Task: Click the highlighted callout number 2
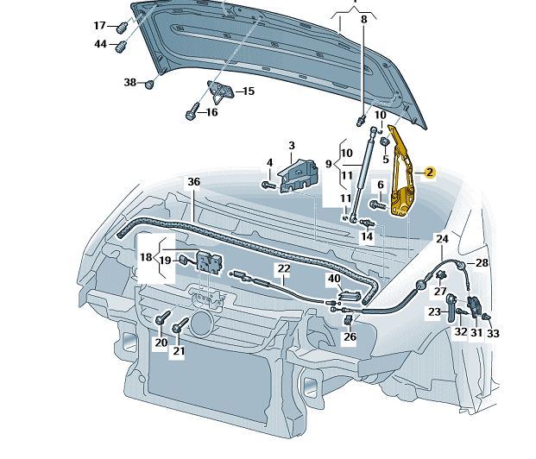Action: pyautogui.click(x=430, y=173)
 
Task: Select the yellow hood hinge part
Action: pyautogui.click(x=402, y=177)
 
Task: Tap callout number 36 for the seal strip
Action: pyautogui.click(x=193, y=181)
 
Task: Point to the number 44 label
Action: pyautogui.click(x=100, y=44)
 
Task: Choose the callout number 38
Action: pyautogui.click(x=130, y=83)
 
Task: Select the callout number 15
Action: pyautogui.click(x=248, y=91)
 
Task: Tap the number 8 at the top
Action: pyautogui.click(x=363, y=18)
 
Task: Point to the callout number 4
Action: pyautogui.click(x=269, y=162)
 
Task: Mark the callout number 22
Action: pyautogui.click(x=283, y=269)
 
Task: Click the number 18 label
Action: pyautogui.click(x=146, y=257)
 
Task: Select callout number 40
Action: pyautogui.click(x=334, y=279)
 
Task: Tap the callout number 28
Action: pyautogui.click(x=482, y=262)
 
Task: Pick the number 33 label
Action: pyautogui.click(x=494, y=332)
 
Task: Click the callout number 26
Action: pyautogui.click(x=350, y=336)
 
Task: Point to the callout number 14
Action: pyautogui.click(x=367, y=236)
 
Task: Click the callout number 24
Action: pyautogui.click(x=442, y=238)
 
